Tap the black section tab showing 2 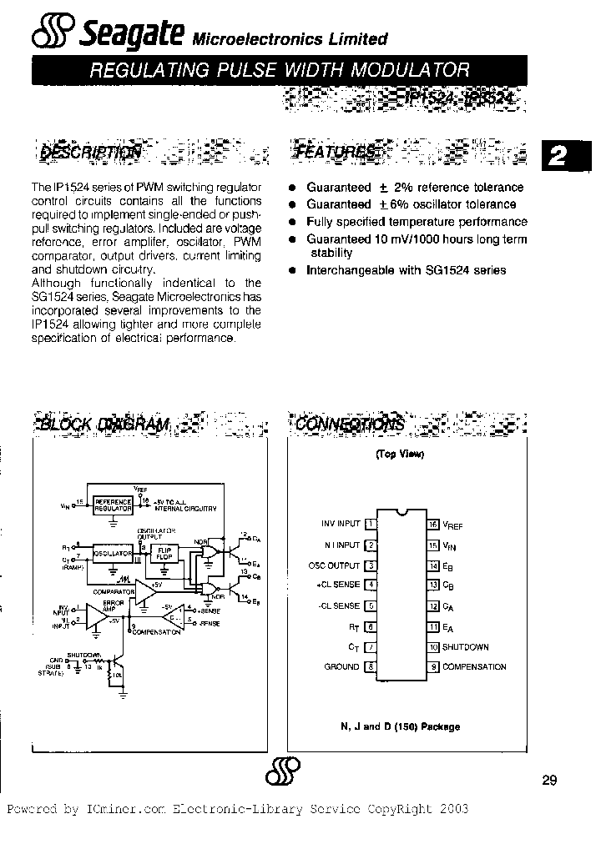click(564, 157)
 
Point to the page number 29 click(549, 780)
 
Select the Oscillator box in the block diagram click(114, 554)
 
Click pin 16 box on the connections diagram click(432, 525)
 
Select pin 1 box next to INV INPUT click(371, 524)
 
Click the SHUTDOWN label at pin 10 click(466, 646)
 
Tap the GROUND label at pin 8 click(341, 666)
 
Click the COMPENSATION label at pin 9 click(474, 666)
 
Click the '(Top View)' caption click(399, 455)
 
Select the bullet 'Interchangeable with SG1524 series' click(406, 270)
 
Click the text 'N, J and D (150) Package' click(400, 726)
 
